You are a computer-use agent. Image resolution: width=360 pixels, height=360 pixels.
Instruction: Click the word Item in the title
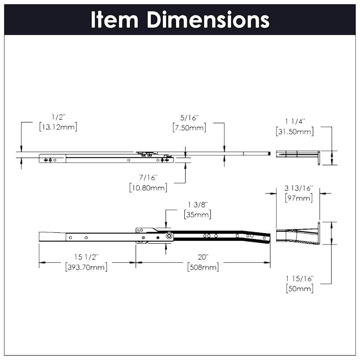click(x=114, y=20)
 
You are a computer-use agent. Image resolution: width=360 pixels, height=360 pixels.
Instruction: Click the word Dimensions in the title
click(x=208, y=20)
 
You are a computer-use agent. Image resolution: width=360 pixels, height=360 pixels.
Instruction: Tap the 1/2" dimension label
click(x=58, y=117)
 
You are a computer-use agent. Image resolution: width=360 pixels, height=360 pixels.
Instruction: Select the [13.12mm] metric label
click(x=58, y=127)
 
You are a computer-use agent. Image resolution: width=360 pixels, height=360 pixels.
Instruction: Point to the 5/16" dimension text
click(x=189, y=118)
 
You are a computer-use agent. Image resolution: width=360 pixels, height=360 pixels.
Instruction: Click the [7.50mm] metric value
click(x=189, y=128)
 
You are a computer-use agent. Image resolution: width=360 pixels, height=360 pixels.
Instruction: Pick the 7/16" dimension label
click(x=148, y=177)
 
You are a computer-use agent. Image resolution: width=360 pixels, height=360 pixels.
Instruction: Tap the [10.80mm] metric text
click(x=148, y=187)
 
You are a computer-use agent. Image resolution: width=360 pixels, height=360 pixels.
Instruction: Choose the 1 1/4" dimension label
click(x=295, y=121)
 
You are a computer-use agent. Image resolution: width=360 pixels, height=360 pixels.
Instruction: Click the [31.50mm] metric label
click(x=295, y=131)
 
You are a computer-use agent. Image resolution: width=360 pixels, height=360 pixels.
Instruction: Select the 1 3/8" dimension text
click(x=198, y=205)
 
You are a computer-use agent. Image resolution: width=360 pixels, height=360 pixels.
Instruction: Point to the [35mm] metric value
click(x=198, y=214)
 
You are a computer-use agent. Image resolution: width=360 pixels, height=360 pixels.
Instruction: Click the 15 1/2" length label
click(x=86, y=257)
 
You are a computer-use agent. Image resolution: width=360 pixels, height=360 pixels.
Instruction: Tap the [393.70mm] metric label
click(x=86, y=267)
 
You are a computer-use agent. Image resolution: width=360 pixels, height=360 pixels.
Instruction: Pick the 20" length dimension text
click(x=203, y=257)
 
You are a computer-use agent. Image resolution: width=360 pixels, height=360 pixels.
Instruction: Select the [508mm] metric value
click(x=203, y=267)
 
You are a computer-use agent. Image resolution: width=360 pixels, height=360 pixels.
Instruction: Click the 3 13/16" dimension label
click(x=299, y=188)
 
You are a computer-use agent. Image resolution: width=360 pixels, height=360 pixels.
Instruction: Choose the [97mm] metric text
click(x=299, y=198)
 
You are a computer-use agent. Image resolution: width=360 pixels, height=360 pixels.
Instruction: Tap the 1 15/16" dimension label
click(x=300, y=278)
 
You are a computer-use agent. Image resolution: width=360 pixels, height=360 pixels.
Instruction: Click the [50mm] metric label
click(x=300, y=288)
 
